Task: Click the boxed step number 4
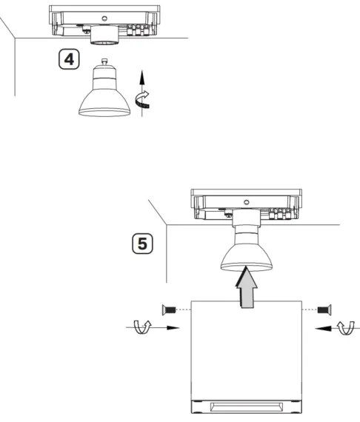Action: coord(69,59)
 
